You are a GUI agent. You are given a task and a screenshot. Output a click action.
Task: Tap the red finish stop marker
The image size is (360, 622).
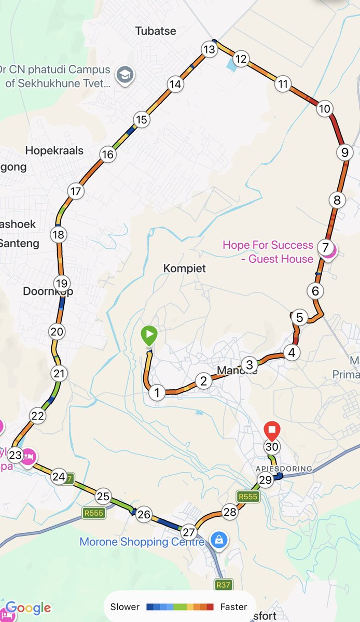tap(272, 430)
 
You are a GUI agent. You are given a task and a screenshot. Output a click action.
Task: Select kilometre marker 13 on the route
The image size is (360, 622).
tap(209, 50)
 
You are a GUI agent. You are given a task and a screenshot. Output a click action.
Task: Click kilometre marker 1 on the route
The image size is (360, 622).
tap(157, 392)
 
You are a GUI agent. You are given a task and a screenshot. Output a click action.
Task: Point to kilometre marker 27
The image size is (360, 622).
tap(188, 532)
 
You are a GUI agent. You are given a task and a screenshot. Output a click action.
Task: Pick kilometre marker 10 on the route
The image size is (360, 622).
tap(324, 108)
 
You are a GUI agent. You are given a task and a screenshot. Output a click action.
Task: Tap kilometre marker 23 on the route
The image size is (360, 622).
tap(16, 455)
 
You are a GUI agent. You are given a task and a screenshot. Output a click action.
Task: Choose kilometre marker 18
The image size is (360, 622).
tap(59, 235)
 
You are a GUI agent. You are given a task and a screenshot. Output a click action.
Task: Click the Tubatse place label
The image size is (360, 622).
tap(156, 31)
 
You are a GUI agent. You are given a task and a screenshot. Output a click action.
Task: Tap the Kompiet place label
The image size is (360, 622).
tap(185, 268)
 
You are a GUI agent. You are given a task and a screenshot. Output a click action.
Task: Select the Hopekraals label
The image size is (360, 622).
tap(54, 151)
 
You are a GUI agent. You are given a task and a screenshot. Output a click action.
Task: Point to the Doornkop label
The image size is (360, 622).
tap(48, 291)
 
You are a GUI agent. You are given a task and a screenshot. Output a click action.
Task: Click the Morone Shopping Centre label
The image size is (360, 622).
tap(142, 542)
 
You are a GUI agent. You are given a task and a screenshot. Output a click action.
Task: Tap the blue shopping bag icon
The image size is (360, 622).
tap(219, 540)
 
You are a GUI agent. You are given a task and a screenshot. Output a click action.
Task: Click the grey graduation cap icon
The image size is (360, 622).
tap(124, 75)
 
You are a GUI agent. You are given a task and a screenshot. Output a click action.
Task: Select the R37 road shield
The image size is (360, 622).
tap(223, 585)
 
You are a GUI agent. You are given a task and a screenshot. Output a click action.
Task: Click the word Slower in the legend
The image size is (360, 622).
tap(125, 607)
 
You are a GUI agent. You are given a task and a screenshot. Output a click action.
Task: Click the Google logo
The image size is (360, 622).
tap(28, 609)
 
